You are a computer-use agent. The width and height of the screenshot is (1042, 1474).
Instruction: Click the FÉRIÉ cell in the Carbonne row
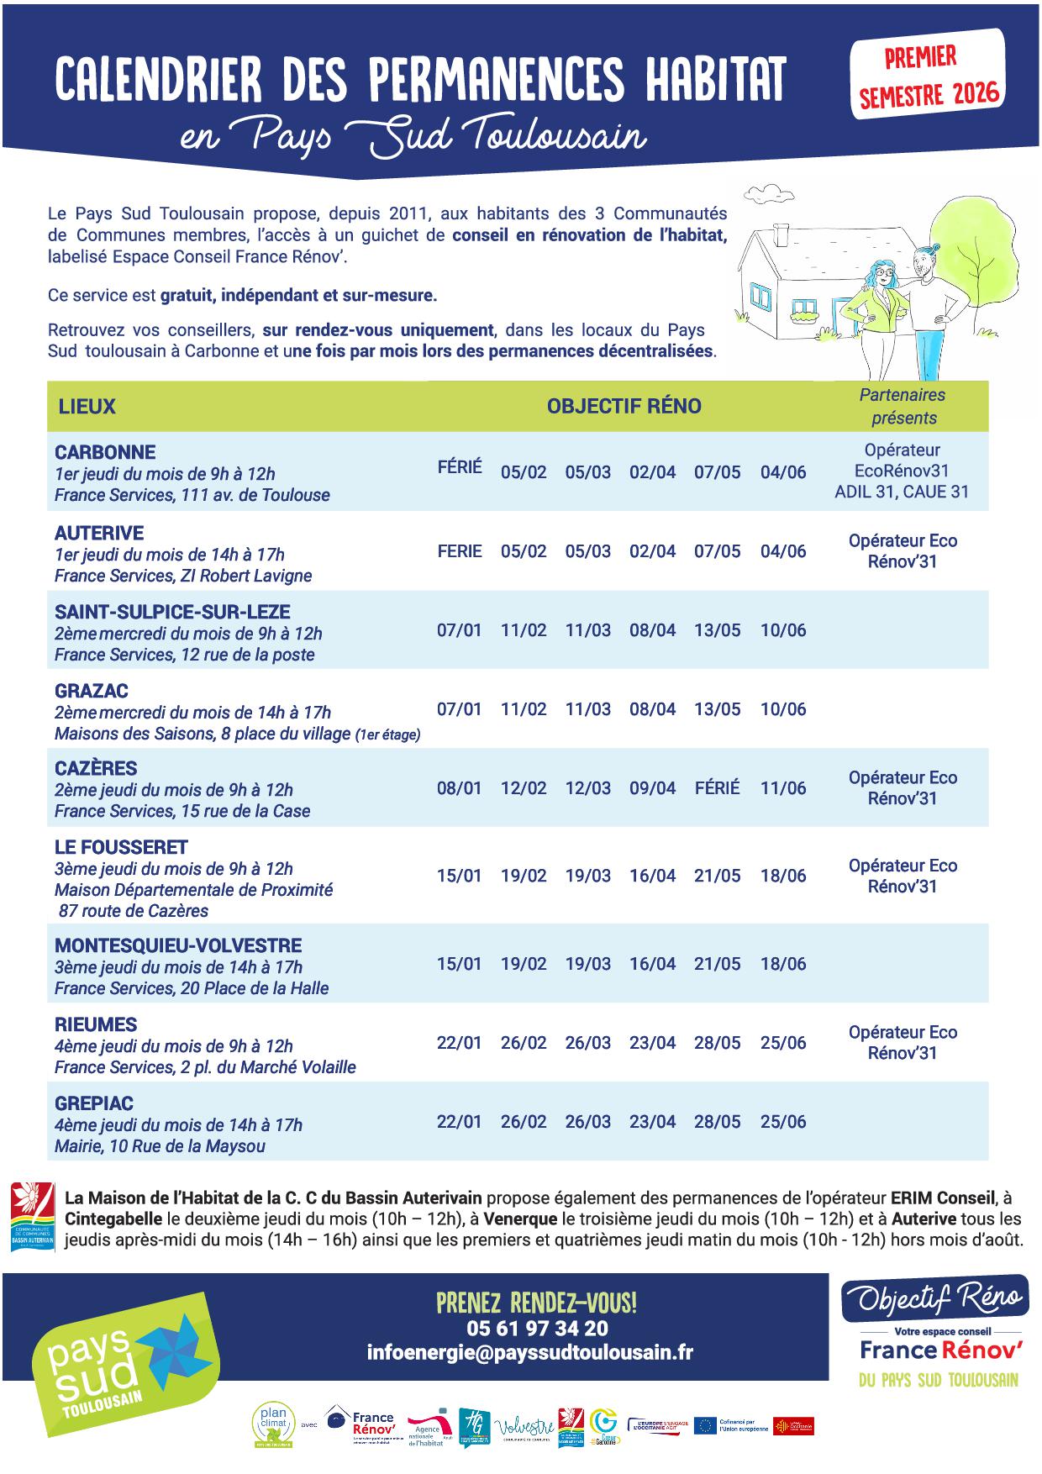tap(460, 467)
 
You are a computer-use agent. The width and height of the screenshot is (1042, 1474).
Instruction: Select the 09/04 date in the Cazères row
tap(652, 788)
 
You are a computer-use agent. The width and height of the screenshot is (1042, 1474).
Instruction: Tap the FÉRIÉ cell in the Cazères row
tap(717, 788)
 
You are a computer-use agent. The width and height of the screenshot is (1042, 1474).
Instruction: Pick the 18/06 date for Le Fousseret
tap(782, 876)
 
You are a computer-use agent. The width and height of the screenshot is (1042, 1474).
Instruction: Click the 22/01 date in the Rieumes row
tap(459, 1043)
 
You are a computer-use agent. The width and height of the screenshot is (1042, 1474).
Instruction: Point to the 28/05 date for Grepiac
tap(717, 1122)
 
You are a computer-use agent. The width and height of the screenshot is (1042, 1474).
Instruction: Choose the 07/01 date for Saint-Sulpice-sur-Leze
tap(459, 630)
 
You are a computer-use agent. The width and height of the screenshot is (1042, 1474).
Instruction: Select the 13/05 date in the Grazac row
tap(717, 709)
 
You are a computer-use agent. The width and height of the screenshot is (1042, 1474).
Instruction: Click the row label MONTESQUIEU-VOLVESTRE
tap(178, 945)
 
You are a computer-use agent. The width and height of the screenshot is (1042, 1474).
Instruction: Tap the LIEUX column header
tap(87, 407)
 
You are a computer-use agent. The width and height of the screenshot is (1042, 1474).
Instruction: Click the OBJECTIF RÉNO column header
tap(624, 407)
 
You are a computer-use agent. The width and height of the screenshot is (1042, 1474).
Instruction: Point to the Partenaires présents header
tap(903, 406)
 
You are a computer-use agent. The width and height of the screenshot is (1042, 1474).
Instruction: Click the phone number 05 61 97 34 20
tap(537, 1329)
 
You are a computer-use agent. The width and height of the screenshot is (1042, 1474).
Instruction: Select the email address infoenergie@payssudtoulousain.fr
tap(529, 1352)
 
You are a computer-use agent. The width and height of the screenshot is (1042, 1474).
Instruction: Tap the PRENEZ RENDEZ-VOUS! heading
tap(536, 1303)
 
